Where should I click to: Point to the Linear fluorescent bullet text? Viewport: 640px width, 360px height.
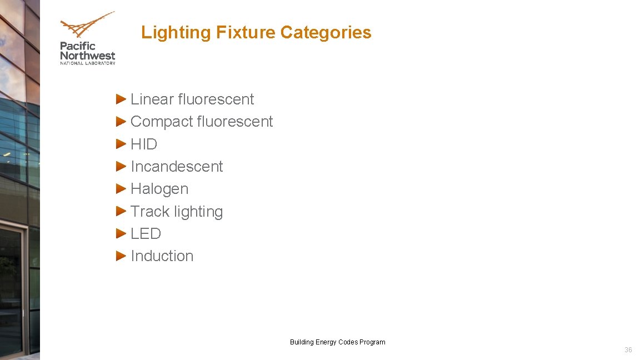[192, 99]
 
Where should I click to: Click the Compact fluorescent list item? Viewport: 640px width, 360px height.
[202, 122]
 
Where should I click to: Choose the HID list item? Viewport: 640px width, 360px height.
[144, 144]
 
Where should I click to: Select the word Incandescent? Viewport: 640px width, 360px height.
[177, 167]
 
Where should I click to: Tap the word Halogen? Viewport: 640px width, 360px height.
[159, 189]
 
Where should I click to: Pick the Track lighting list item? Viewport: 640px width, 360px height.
[177, 212]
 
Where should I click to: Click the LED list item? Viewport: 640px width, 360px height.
[146, 234]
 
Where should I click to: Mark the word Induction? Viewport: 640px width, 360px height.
[162, 256]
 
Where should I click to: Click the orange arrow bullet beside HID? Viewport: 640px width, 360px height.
[121, 144]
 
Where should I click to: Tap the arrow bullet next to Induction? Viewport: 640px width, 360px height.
[121, 256]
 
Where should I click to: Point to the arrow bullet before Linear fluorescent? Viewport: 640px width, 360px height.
[121, 99]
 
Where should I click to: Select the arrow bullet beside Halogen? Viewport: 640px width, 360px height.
[121, 188]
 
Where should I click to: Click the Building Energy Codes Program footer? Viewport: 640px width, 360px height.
[337, 342]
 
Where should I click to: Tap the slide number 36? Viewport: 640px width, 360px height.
[628, 350]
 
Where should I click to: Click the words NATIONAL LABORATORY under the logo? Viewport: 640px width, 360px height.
[88, 63]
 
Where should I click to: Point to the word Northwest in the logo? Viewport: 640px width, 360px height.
[88, 56]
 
